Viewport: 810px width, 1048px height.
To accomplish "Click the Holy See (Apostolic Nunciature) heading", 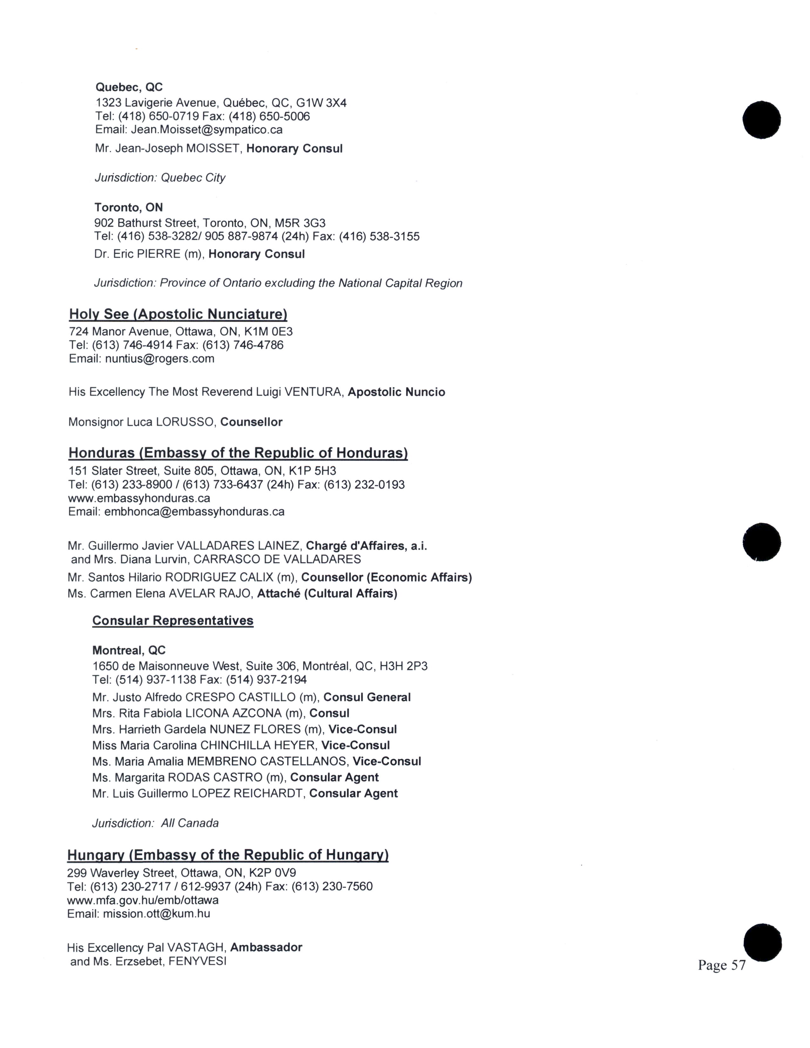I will tap(178, 314).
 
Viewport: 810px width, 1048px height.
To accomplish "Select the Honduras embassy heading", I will tap(238, 453).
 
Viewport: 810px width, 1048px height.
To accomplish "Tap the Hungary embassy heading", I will tap(228, 855).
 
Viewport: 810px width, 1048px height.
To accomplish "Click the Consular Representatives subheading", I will tap(173, 621).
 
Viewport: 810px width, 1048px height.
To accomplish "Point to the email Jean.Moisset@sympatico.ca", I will tap(207, 130).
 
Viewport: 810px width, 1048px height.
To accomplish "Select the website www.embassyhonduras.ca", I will tap(139, 498).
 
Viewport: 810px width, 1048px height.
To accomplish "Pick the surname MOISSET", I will tap(213, 149).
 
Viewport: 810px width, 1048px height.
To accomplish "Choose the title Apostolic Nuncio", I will tap(396, 392).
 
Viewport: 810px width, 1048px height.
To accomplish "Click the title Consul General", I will tap(367, 697).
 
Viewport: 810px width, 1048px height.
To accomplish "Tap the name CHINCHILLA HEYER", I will tap(258, 745).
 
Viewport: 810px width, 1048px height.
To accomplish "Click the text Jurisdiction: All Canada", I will tap(155, 823).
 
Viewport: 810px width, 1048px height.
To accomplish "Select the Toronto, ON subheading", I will tap(129, 207).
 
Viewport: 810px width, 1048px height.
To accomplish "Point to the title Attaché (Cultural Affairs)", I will tap(327, 594).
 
